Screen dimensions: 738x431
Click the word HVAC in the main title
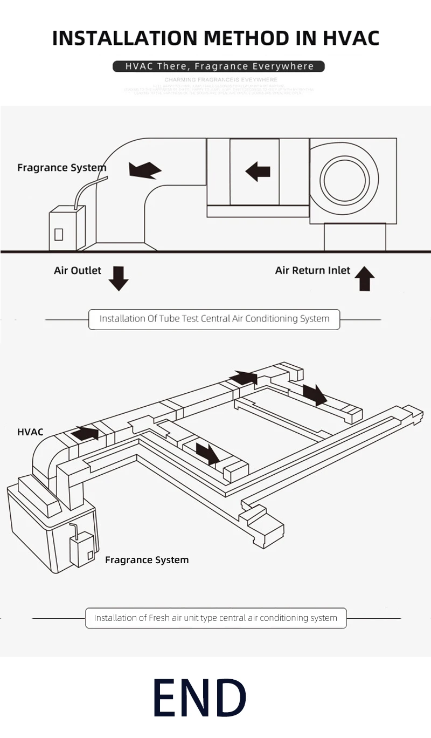pos(351,38)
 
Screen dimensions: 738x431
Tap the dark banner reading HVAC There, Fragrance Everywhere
pos(219,66)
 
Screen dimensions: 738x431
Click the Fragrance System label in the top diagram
pos(61,168)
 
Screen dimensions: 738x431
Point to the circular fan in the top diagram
pos(345,180)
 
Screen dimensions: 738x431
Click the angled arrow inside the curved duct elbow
pos(144,170)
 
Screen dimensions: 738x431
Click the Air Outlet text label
pos(78,270)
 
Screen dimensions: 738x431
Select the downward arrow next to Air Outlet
pos(119,278)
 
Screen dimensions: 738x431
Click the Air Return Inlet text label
pos(312,270)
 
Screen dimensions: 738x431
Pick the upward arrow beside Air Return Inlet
pos(365,278)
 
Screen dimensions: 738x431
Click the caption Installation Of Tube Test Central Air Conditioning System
pos(214,319)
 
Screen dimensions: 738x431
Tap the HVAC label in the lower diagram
pos(30,432)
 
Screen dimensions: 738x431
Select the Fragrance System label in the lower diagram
pos(147,560)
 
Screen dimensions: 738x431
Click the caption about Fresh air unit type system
pos(215,618)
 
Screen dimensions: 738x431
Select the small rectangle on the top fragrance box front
pos(59,234)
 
